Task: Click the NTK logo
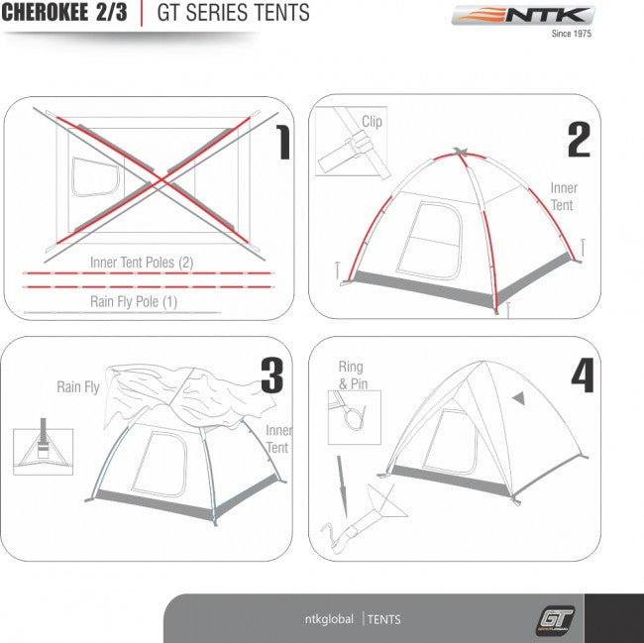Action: (523, 15)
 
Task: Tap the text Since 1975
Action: (572, 34)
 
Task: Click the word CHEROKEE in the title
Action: (45, 12)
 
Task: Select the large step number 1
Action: (282, 143)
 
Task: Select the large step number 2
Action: (580, 140)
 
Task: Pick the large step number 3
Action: (272, 375)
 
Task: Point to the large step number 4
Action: (583, 375)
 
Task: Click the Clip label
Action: (372, 122)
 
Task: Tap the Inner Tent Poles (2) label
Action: (142, 263)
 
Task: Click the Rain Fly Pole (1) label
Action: (134, 302)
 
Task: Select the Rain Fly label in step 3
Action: (78, 386)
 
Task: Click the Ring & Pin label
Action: (353, 375)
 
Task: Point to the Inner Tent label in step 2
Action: (564, 196)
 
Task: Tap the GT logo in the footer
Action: (555, 619)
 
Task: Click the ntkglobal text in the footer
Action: (329, 619)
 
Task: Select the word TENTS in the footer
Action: (384, 619)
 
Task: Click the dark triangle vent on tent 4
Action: (519, 397)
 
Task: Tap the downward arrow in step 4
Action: (342, 486)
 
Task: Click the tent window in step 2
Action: (430, 241)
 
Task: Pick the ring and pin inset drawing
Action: (355, 417)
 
